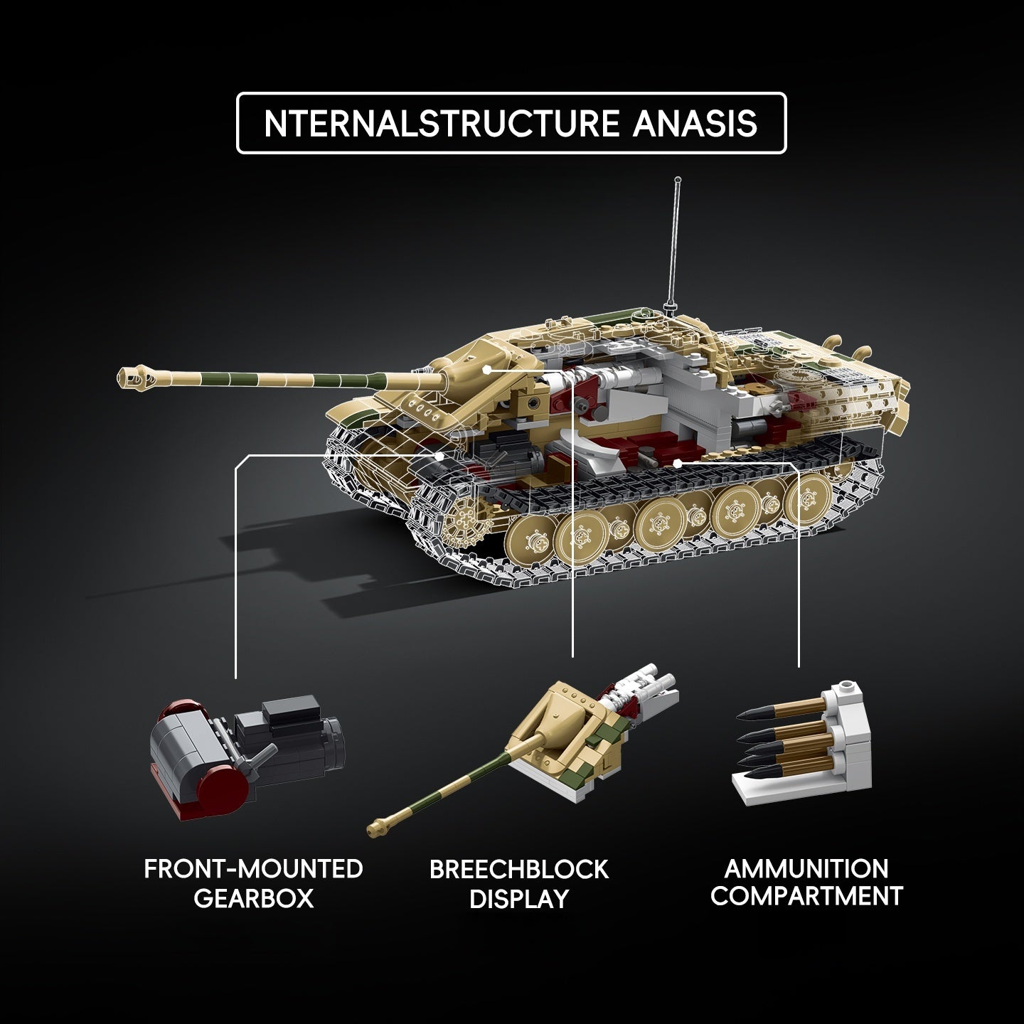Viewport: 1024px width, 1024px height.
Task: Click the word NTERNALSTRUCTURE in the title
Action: click(442, 123)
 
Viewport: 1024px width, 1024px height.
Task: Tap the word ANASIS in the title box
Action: click(695, 123)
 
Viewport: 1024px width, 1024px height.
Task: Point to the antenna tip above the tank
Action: click(678, 180)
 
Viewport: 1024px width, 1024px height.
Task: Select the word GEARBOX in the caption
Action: click(253, 898)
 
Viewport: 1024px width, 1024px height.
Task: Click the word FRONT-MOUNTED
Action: click(253, 869)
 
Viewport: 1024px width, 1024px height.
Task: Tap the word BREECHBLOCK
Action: click(519, 870)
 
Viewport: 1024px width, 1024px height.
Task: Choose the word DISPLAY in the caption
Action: click(519, 899)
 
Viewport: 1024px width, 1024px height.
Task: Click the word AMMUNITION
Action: click(806, 869)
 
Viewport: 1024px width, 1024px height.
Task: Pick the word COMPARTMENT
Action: click(806, 895)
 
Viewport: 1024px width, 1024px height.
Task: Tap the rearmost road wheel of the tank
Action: click(808, 497)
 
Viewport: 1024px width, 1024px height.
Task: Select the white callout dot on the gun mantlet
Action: click(486, 369)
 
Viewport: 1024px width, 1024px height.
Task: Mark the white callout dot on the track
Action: click(677, 464)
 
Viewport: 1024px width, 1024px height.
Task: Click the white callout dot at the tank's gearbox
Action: click(439, 456)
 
